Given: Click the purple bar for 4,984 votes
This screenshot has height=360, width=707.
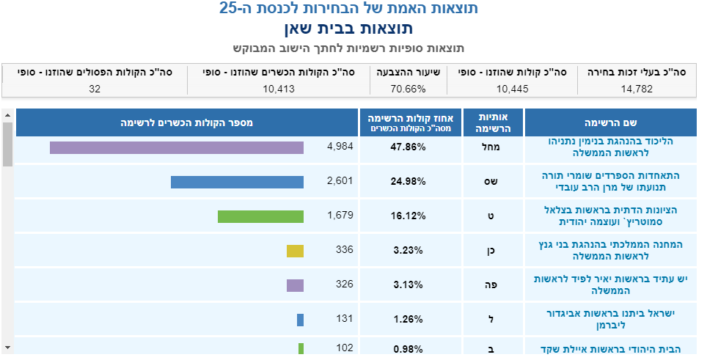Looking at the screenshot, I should coord(176,147).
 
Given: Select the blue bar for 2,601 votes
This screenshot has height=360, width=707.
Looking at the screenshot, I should coord(237,182).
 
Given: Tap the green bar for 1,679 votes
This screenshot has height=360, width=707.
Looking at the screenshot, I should coord(260,216).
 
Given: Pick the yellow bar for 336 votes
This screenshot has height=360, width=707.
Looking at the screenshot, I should coord(295,251).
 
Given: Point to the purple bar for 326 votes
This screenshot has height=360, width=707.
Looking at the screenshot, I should coord(295,285).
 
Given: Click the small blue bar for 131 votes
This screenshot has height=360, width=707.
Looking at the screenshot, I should coord(300,320).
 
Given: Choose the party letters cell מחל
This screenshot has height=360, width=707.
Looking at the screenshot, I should coord(492,147).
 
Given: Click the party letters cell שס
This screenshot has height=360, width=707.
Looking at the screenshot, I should coord(492,182).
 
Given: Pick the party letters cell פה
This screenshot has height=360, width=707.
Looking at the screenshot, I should coord(492,285).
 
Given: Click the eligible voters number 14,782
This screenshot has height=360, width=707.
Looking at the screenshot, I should coord(636,89).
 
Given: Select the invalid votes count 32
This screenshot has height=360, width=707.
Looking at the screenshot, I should coord(94,89).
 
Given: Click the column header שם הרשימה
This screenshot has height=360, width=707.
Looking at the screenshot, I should coord(610,122).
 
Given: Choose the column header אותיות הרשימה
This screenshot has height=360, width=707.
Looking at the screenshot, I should coord(492,122).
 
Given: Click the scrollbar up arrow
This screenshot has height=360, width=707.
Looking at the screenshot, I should coord(7,115).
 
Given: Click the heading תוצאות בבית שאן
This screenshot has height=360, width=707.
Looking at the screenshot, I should coord(348,29).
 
